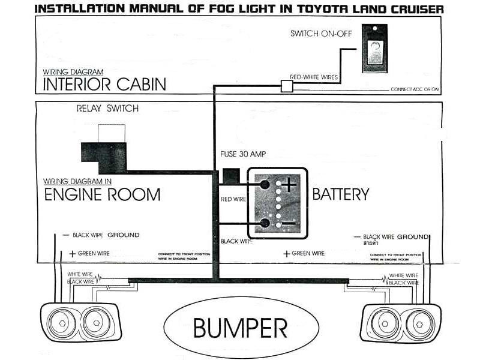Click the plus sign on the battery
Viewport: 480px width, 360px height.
290,184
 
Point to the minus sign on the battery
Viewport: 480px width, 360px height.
289,224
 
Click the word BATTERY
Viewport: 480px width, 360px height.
340,194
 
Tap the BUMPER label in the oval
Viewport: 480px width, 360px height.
240,328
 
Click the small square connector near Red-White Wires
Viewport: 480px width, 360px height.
287,86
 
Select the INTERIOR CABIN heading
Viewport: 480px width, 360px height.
104,83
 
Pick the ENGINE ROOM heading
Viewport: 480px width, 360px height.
103,194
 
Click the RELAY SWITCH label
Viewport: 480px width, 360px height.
107,109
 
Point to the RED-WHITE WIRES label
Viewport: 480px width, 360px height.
314,77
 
